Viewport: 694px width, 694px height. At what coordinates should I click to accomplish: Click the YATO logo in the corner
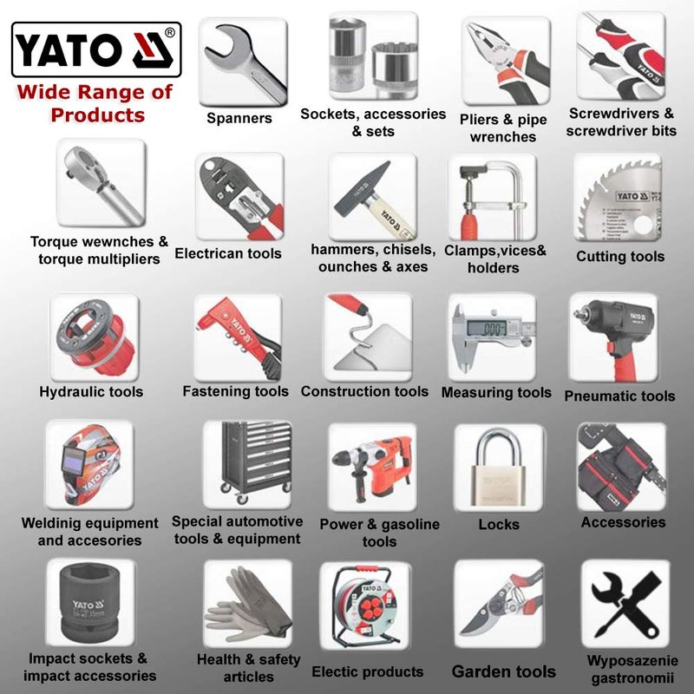pyautogui.click(x=96, y=49)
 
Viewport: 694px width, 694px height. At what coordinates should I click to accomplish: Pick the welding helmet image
pyautogui.click(x=88, y=465)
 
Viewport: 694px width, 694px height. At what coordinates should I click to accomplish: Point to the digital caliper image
pyautogui.click(x=491, y=335)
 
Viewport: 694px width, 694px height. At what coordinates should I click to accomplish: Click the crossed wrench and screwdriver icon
pyautogui.click(x=625, y=603)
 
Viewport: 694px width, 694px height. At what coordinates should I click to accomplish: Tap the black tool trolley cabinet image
pyautogui.click(x=246, y=464)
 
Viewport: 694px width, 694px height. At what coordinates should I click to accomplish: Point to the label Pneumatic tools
pyautogui.click(x=619, y=396)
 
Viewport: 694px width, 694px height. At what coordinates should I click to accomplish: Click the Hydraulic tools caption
pyautogui.click(x=91, y=391)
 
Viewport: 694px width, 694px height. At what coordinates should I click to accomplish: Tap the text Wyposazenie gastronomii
pyautogui.click(x=625, y=667)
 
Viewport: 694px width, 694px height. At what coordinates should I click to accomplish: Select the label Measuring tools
pyautogui.click(x=496, y=392)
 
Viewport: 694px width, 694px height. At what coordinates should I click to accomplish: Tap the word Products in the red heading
pyautogui.click(x=97, y=115)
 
